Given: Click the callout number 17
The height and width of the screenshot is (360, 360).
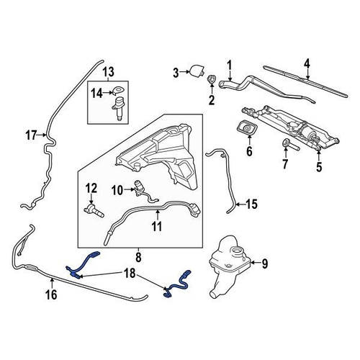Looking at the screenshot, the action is pyautogui.click(x=31, y=135).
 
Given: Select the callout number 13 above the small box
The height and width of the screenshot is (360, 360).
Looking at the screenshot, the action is pyautogui.click(x=108, y=71).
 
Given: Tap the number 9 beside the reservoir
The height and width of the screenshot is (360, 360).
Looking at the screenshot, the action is pyautogui.click(x=264, y=264).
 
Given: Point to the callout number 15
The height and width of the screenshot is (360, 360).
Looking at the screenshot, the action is pyautogui.click(x=251, y=204).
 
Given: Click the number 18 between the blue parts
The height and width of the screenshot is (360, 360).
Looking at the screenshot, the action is pyautogui.click(x=130, y=273).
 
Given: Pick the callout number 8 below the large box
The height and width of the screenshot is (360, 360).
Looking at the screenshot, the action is pyautogui.click(x=138, y=258).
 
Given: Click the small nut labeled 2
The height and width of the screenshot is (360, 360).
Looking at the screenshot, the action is pyautogui.click(x=212, y=79).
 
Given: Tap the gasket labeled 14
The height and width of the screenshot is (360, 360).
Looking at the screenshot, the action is pyautogui.click(x=118, y=91).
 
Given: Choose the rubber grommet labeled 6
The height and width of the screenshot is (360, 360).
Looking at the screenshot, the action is pyautogui.click(x=246, y=127).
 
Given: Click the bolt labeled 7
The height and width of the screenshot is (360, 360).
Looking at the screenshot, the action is pyautogui.click(x=290, y=145).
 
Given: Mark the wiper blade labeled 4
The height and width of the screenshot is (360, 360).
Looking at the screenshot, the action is pyautogui.click(x=305, y=81).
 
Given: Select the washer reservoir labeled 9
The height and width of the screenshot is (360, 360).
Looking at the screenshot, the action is pyautogui.click(x=229, y=266).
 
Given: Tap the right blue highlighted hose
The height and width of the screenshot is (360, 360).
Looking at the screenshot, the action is pyautogui.click(x=179, y=284).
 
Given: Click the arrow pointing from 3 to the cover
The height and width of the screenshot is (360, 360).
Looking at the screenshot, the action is pyautogui.click(x=185, y=71).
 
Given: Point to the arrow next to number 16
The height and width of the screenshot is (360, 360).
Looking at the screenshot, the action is pyautogui.click(x=52, y=282).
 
